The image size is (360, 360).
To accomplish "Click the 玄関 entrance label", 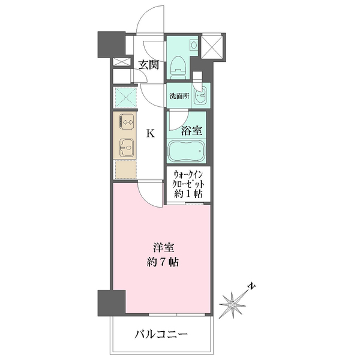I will [149, 64].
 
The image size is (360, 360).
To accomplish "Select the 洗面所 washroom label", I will [179, 95].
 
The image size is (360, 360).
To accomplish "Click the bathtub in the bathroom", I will [187, 151].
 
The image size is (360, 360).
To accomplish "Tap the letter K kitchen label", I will [151, 133].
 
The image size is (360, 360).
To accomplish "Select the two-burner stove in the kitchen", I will [127, 122].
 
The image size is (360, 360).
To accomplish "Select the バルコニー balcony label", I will [161, 334].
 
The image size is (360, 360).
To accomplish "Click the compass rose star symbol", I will [232, 305].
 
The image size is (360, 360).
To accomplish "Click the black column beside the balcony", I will [111, 302].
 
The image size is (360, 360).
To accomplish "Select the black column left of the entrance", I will [110, 43].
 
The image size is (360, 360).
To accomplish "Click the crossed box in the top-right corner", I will [212, 47].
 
